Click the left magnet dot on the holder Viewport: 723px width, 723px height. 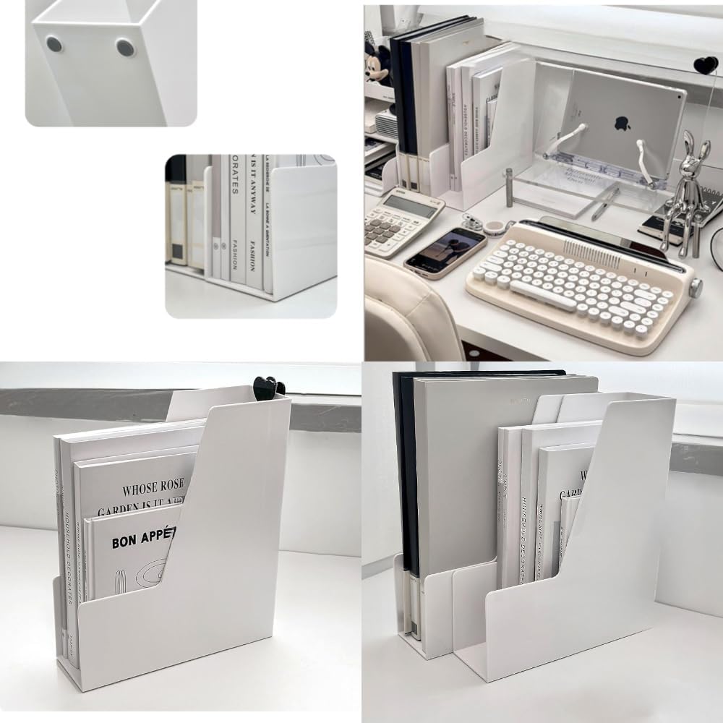coord(54,44)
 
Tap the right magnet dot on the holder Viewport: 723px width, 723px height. coord(125,48)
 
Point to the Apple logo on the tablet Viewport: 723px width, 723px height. coord(622,124)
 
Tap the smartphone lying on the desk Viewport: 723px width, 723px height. coord(445,253)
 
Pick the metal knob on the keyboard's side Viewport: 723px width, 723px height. coord(696,288)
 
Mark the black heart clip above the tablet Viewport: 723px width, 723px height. coord(706,65)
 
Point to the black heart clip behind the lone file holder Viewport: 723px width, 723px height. coord(268,387)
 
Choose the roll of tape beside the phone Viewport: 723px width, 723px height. coord(495,228)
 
